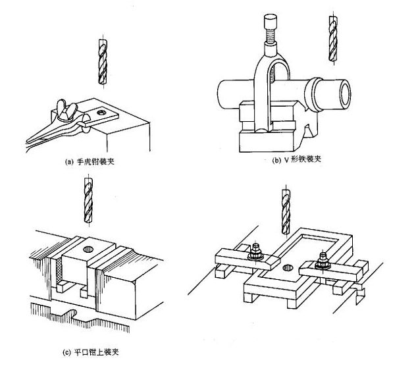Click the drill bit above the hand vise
tap(99, 61)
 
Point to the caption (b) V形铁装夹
tap(299, 159)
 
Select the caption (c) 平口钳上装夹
tap(91, 352)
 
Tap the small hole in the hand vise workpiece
tap(101, 113)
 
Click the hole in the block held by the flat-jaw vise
tap(89, 250)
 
